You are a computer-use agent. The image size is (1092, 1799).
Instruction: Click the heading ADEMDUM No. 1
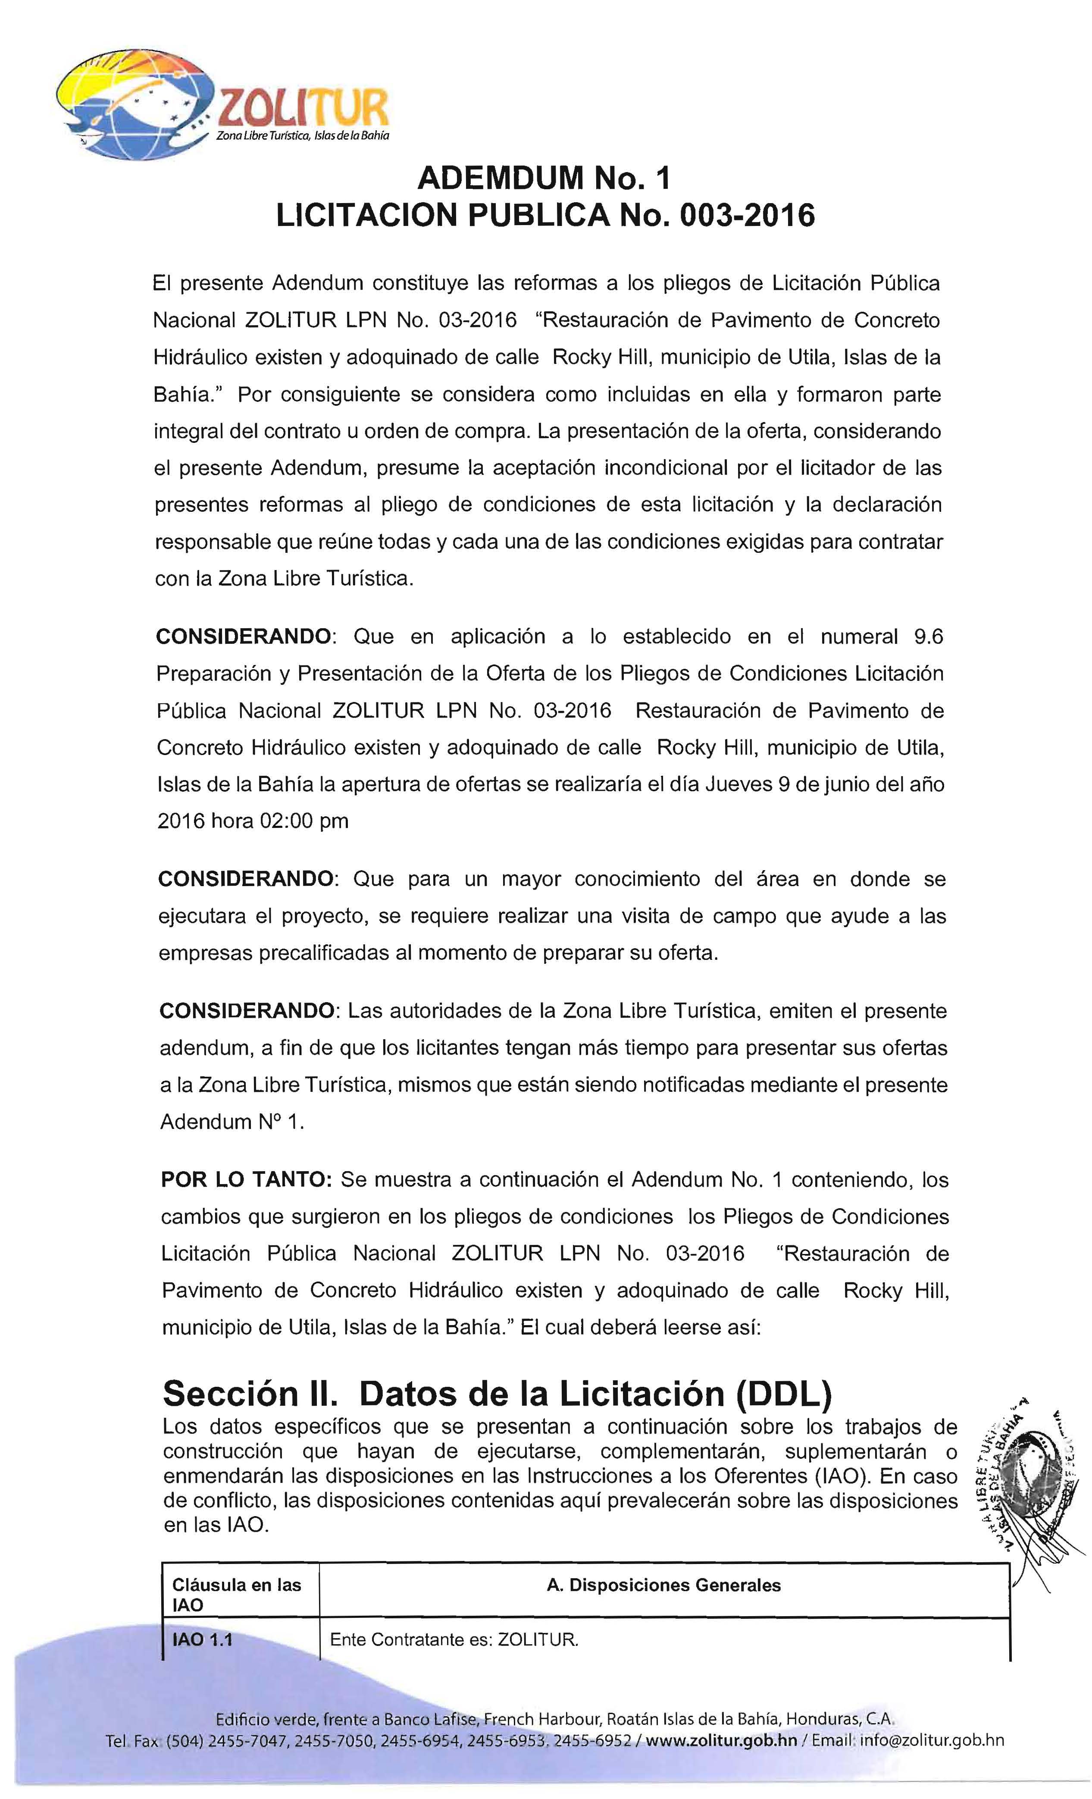point(543,178)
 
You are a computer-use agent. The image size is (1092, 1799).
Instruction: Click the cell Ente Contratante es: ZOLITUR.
point(454,1640)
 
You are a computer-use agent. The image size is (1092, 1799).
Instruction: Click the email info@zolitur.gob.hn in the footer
point(932,1740)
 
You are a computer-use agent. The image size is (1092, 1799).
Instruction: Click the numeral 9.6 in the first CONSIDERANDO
point(929,636)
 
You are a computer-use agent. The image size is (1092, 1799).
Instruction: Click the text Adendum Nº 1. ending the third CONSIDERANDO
point(232,1122)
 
